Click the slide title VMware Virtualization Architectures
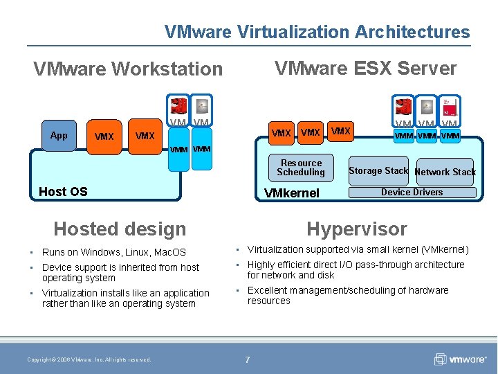[x=317, y=32]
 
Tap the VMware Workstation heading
[x=128, y=69]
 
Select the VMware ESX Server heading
[x=365, y=68]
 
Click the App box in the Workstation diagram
[x=59, y=135]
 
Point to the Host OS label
[x=63, y=192]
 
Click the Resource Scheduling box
[x=300, y=168]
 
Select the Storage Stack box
[x=378, y=170]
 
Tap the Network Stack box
[x=445, y=172]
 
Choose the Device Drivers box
[x=412, y=193]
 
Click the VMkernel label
[x=292, y=193]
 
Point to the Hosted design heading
[x=120, y=229]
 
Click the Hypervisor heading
[x=357, y=229]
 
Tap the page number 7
[x=248, y=359]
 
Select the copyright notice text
[x=89, y=359]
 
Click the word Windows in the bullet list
[x=100, y=252]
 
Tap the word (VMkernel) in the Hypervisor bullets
[x=440, y=249]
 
